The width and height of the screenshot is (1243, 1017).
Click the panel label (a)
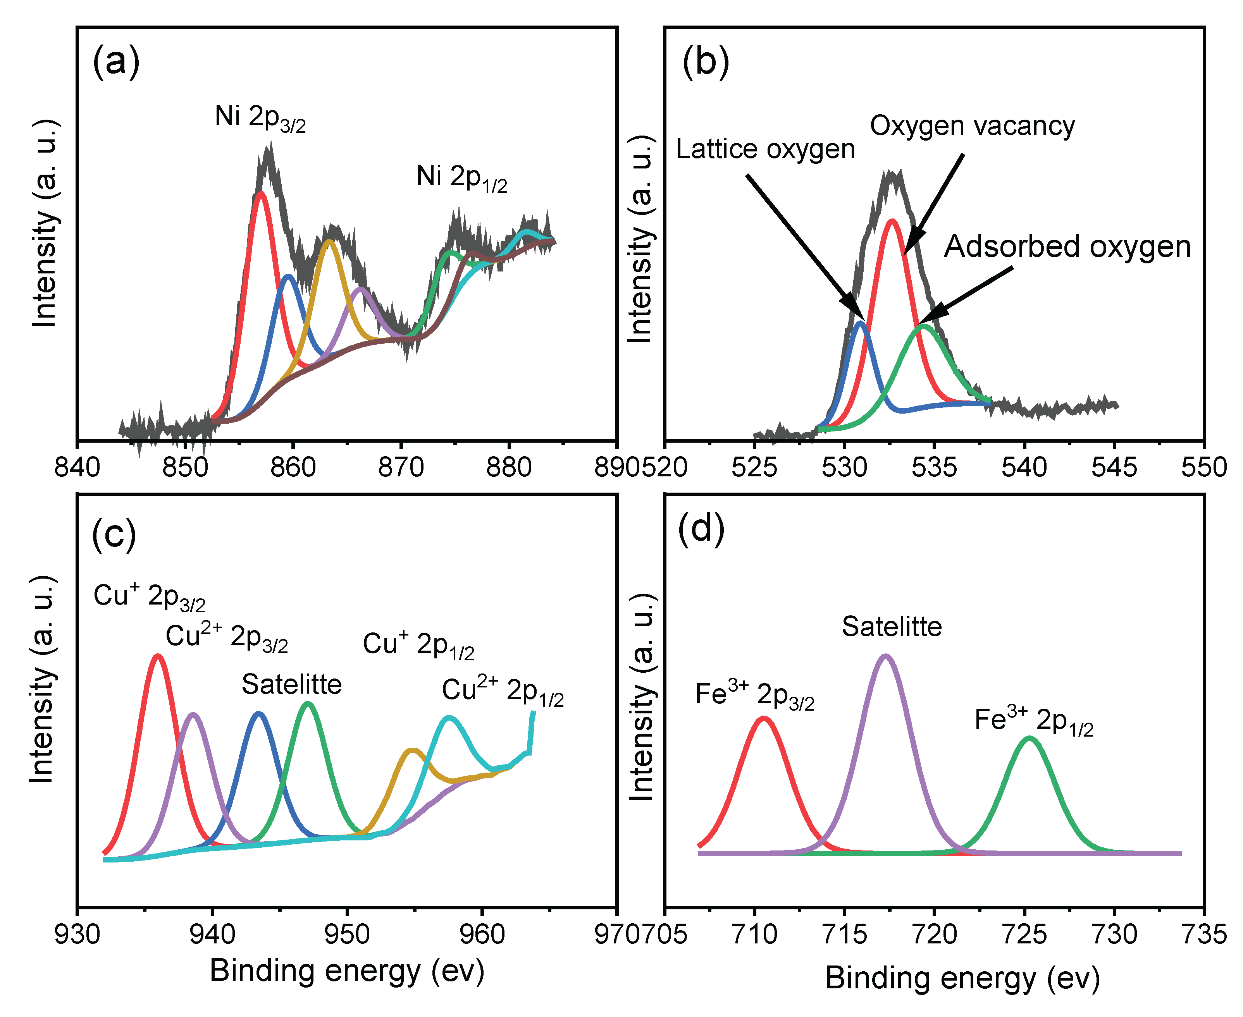(116, 62)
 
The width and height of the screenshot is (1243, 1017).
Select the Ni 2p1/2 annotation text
(461, 177)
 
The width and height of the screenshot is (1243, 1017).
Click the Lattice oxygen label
(765, 149)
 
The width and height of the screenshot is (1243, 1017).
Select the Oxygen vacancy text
(972, 126)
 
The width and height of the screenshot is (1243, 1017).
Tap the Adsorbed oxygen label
(1067, 247)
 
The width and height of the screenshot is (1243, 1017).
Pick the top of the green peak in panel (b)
(924, 326)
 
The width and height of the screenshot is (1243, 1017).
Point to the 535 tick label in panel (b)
(934, 467)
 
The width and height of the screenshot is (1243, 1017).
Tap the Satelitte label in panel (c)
(291, 684)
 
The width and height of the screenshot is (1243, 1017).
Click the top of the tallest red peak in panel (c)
(157, 656)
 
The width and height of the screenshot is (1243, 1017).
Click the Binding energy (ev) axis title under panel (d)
(962, 978)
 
